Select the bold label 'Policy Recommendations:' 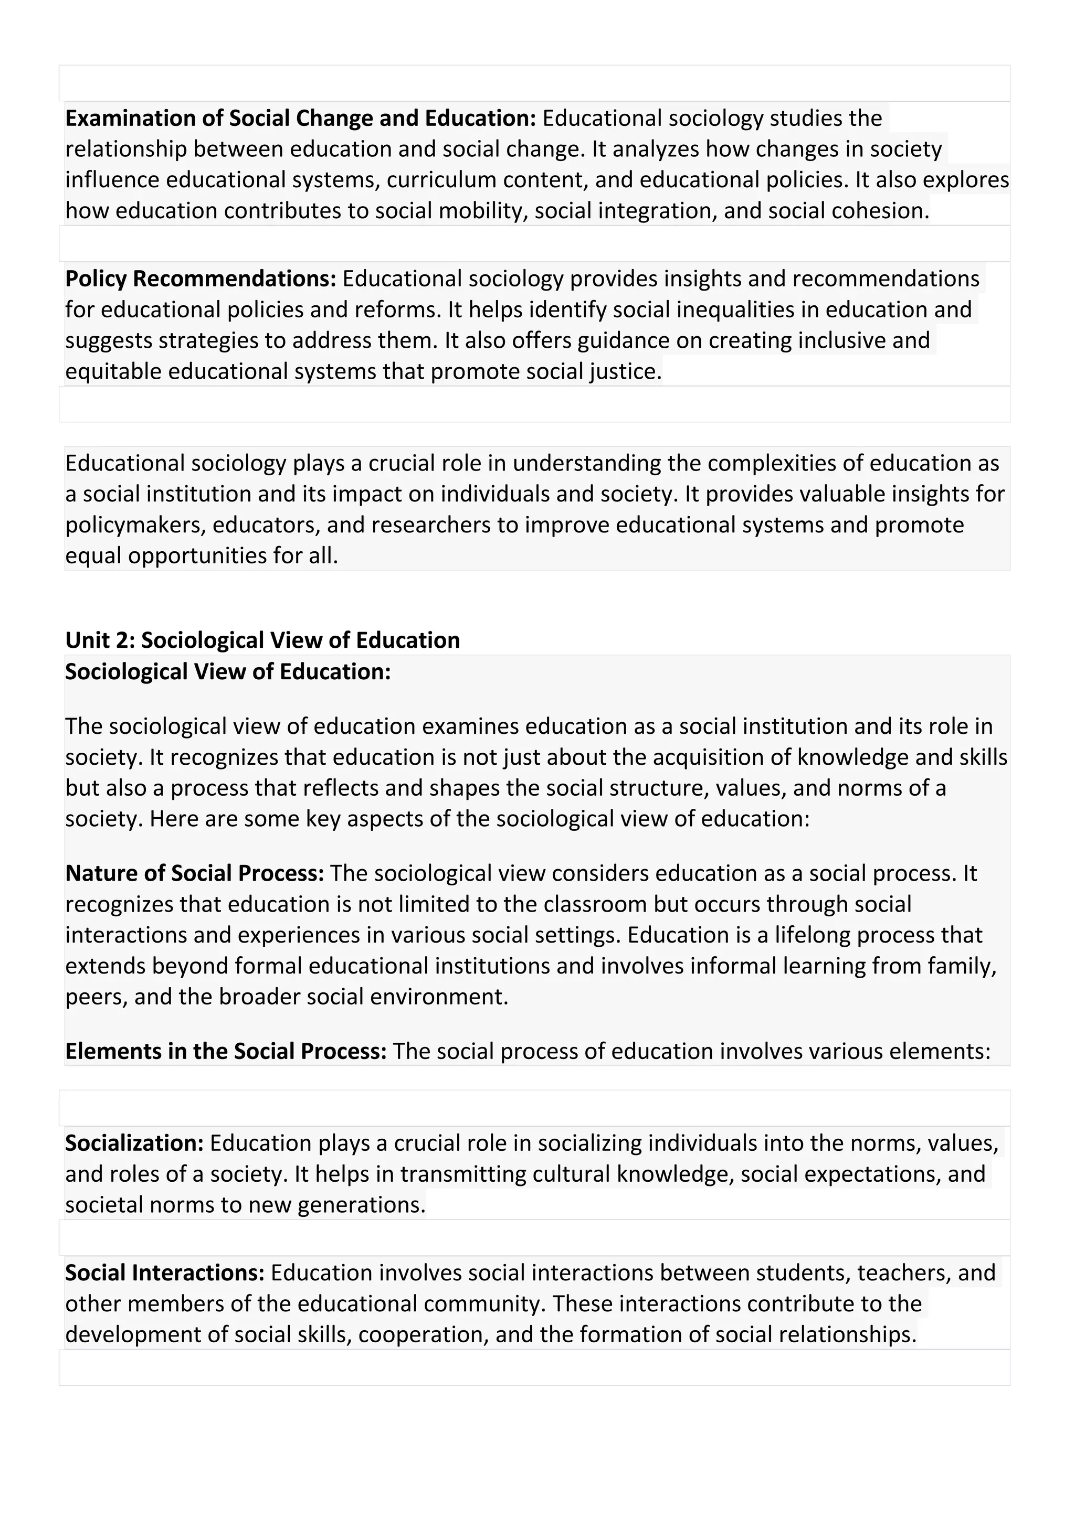point(201,279)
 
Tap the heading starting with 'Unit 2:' point(262,640)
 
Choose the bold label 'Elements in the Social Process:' point(226,1051)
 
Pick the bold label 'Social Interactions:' point(165,1273)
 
